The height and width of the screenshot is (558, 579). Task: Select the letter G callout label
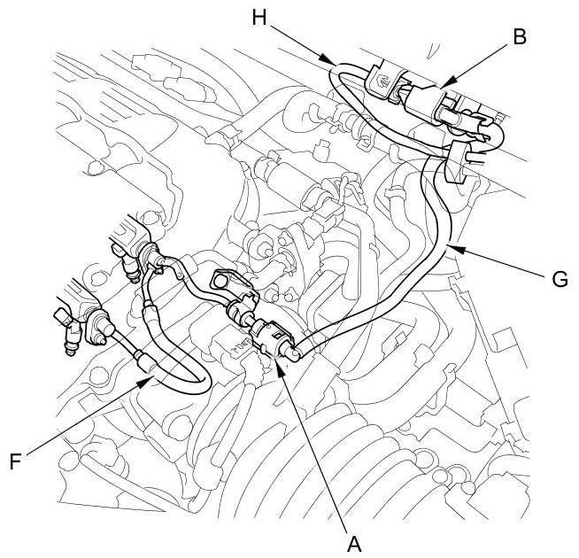coord(558,279)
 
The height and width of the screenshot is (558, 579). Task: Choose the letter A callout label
coord(354,540)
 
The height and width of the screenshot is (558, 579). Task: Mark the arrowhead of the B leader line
coord(443,87)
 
